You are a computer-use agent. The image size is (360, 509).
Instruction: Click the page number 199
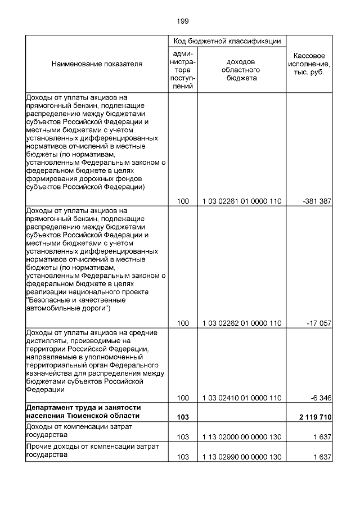pos(182,21)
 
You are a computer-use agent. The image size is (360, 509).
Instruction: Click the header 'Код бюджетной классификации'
pos(227,42)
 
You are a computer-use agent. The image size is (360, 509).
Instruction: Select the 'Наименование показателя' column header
pos(97,64)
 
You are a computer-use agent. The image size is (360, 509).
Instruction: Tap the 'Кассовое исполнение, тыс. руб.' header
pos(308,65)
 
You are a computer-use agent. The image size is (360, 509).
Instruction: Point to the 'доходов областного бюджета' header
pos(242,70)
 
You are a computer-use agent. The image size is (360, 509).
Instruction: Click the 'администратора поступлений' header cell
pos(183,70)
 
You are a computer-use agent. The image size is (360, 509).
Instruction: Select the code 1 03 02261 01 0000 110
pos(242,201)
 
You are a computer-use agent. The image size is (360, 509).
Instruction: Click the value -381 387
pos(317,201)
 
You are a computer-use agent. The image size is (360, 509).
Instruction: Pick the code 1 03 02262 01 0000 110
pos(242,323)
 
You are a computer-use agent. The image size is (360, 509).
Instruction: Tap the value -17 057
pos(319,323)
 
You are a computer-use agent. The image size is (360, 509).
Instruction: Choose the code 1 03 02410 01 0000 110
pos(242,398)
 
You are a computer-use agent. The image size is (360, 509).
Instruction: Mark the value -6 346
pos(321,398)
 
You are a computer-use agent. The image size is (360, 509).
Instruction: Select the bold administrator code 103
pos(183,416)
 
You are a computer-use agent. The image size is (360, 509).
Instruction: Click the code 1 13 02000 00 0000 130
pos(242,436)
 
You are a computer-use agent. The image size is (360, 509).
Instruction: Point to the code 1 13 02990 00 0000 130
pos(242,457)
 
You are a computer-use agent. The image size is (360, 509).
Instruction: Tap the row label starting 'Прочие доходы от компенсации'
pos(92,447)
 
